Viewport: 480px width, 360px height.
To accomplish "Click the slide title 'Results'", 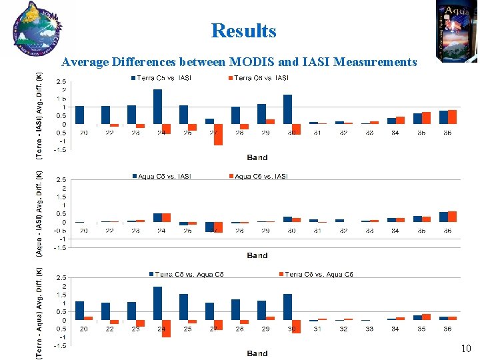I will click(243, 31).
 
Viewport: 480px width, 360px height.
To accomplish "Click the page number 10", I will click(465, 349).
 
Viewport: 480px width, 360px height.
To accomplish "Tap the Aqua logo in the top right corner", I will click(457, 30).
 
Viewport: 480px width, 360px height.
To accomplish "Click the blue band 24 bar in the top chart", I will click(157, 107).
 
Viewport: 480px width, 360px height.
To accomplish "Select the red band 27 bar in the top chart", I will click(218, 134).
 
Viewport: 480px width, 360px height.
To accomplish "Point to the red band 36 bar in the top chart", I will click(452, 117).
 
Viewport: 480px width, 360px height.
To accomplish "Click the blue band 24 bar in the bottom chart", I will click(157, 303).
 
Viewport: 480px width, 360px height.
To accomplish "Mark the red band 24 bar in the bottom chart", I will click(166, 328).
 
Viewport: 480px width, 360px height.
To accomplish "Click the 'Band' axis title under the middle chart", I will click(257, 255).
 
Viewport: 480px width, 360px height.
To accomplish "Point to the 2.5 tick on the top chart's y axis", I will click(60, 82).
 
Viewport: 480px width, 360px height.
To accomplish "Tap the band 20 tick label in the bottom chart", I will click(83, 329).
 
